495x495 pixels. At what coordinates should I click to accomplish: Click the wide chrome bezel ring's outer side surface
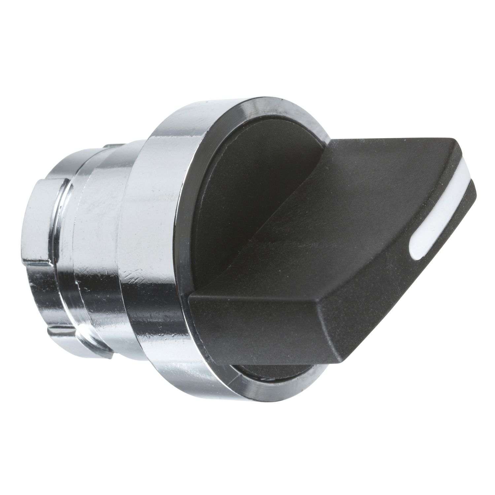[158, 231]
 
